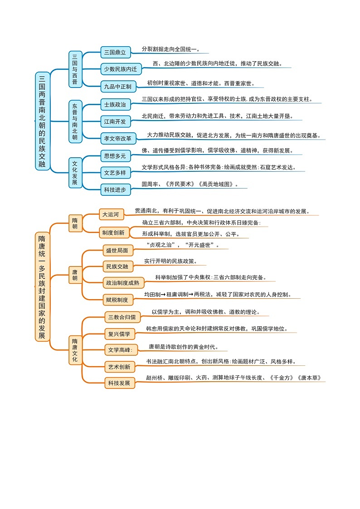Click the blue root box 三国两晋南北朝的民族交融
(x=42, y=121)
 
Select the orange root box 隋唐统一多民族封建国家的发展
(x=42, y=287)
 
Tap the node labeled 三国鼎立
(x=115, y=53)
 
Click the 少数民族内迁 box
(x=121, y=69)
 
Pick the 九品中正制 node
(x=117, y=86)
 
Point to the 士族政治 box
(x=115, y=105)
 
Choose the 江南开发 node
(x=115, y=121)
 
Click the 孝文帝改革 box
(x=117, y=138)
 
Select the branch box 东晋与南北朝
(x=75, y=121)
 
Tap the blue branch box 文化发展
(x=75, y=173)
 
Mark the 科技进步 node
(x=115, y=189)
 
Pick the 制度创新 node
(x=113, y=233)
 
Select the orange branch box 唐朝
(x=75, y=275)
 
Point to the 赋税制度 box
(x=117, y=300)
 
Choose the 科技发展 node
(x=119, y=383)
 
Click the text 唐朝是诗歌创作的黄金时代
(x=183, y=347)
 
